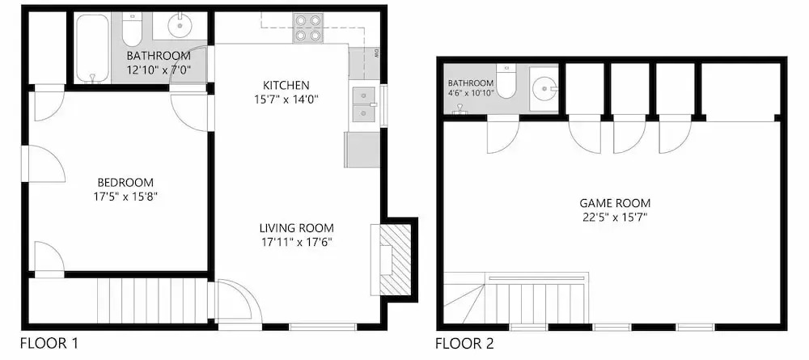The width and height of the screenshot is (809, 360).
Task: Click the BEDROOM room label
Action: pos(125,183)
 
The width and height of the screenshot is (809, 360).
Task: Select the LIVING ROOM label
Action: pos(297,228)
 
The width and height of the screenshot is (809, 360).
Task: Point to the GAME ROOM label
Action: pos(615,203)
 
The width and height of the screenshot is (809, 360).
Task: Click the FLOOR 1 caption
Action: pos(49,342)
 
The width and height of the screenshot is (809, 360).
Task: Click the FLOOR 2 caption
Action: pos(464,343)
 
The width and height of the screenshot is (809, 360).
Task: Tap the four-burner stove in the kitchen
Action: pos(308,28)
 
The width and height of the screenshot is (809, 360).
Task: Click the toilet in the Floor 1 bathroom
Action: pos(132,30)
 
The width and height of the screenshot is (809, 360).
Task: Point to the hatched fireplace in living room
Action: pos(396,260)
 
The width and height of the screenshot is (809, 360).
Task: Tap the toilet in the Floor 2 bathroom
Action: pos(506,82)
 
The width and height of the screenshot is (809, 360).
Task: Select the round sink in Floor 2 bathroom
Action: pos(544,89)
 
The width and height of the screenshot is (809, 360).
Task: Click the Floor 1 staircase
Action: pos(153,300)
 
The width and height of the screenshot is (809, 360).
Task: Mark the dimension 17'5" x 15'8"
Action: pos(125,197)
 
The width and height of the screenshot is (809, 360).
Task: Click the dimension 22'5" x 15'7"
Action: pos(615,217)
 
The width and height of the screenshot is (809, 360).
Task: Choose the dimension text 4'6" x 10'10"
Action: pos(471,93)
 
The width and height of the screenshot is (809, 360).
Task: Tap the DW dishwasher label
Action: pos(376,53)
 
